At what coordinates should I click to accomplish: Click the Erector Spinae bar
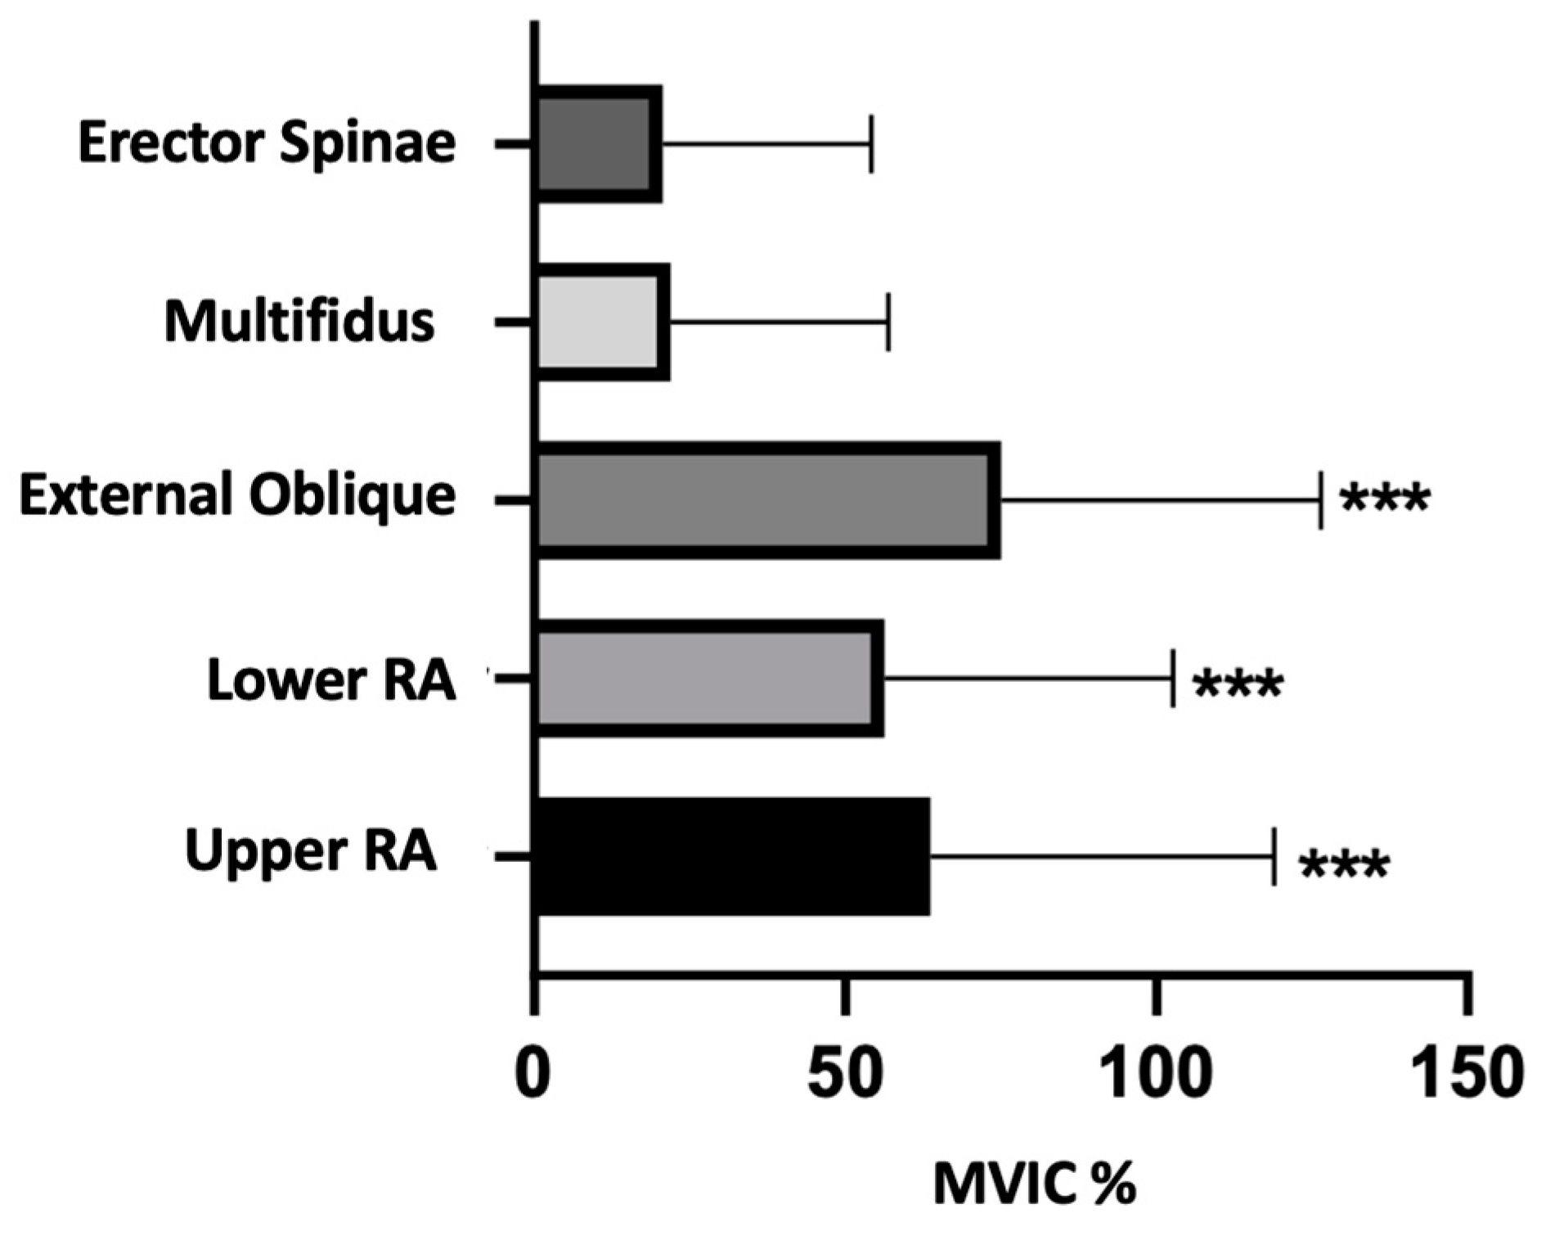(598, 144)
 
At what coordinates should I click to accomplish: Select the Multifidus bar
(602, 322)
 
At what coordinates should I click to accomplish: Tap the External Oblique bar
(767, 500)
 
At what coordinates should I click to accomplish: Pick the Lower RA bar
(709, 678)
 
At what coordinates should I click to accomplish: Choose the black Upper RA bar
(731, 856)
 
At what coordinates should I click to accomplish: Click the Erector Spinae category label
(267, 142)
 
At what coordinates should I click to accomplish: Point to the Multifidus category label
(299, 321)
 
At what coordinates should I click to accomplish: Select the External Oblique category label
(237, 495)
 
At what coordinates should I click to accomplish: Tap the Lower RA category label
(331, 680)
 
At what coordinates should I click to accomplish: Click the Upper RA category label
(311, 851)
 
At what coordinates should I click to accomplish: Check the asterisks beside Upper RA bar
(1344, 866)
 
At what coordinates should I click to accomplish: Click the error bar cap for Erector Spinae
(871, 144)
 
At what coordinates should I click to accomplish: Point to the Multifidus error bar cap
(888, 322)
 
